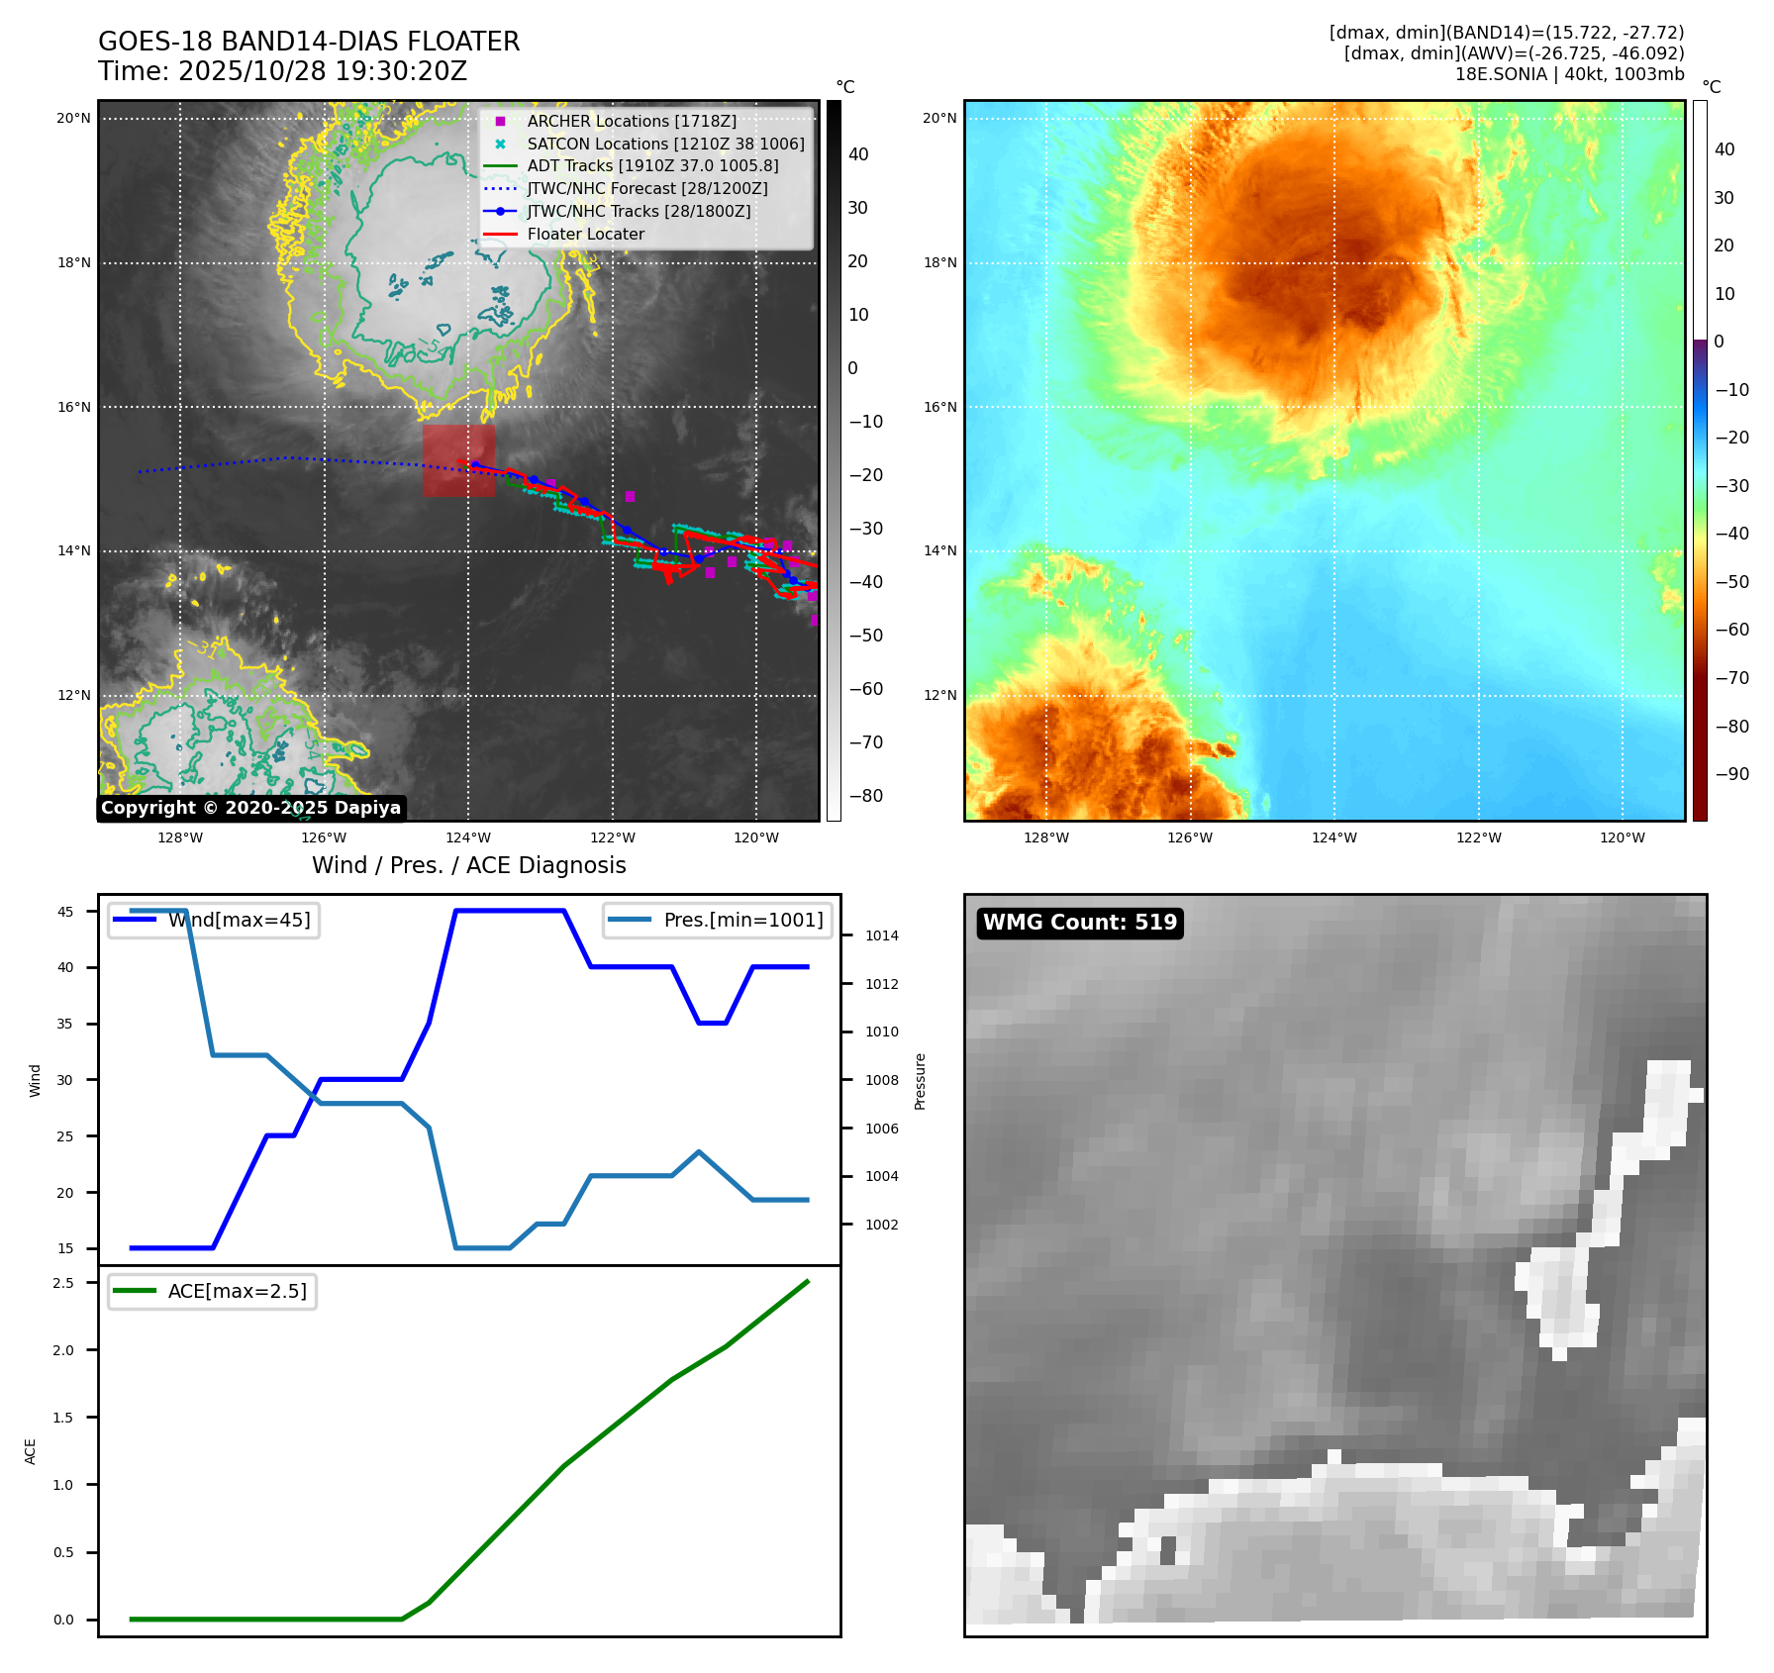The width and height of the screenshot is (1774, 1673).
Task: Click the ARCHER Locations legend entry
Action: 631,121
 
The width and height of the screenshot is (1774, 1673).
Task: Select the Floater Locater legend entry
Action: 585,234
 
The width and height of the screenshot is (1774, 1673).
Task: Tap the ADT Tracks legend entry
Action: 652,165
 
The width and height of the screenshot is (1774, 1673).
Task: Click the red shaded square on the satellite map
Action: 458,460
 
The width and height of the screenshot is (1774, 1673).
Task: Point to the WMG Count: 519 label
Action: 1079,923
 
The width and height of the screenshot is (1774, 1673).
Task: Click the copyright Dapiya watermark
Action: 250,808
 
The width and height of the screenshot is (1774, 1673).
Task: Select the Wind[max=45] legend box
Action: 214,920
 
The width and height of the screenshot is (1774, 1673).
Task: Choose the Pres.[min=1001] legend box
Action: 718,920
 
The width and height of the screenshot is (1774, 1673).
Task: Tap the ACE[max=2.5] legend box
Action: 212,1291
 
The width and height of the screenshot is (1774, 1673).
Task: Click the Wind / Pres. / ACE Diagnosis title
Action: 468,865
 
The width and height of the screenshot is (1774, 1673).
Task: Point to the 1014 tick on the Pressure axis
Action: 881,935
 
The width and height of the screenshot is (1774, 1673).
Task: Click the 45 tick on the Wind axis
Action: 65,912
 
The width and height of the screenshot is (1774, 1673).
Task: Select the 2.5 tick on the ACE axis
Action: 63,1283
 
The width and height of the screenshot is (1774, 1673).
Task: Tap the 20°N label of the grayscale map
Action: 73,118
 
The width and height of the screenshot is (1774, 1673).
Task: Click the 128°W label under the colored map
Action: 1045,837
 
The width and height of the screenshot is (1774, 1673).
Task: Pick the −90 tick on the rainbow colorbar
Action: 1731,774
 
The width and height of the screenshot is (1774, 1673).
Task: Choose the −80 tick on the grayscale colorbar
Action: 865,796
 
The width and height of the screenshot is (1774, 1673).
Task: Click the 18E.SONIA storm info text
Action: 1569,74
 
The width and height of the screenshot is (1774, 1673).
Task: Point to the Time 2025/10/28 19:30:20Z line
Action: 282,71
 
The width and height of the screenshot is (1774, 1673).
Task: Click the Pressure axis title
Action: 921,1081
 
